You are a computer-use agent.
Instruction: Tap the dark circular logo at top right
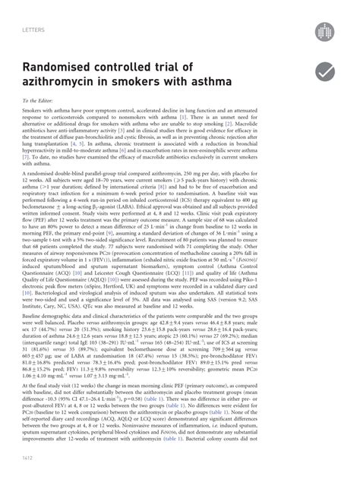tap(324, 31)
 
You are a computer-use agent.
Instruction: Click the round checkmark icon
tap(324, 72)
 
